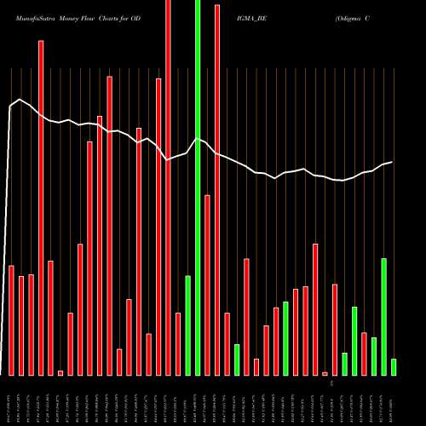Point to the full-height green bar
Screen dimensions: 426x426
pos(198,187)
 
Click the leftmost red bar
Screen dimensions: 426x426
pos(11,320)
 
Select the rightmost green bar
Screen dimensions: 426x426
pos(394,366)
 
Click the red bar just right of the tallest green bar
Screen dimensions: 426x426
pos(207,285)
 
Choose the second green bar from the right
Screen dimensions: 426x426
pos(383,316)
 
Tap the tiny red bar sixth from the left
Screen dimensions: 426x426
pos(60,372)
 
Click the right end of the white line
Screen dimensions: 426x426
pos(392,162)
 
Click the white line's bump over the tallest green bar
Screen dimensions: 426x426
pos(198,139)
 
